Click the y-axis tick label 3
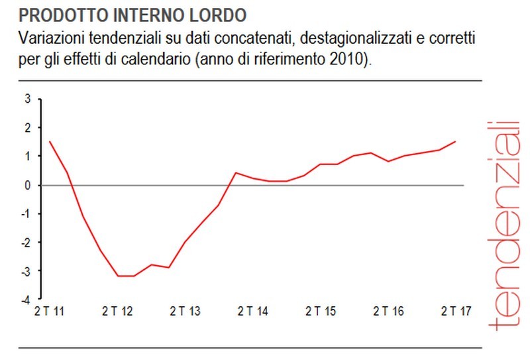click(28, 99)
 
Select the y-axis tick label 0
click(28, 185)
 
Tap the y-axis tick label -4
click(26, 300)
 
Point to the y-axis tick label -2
click(26, 243)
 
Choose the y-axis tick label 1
click(28, 156)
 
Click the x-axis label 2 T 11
click(49, 311)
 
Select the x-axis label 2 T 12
click(117, 311)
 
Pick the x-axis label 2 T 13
click(185, 311)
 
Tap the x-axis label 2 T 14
click(253, 311)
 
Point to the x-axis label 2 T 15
click(321, 311)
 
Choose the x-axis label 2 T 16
click(389, 311)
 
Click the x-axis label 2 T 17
click(456, 311)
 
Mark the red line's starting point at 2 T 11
click(50, 141)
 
